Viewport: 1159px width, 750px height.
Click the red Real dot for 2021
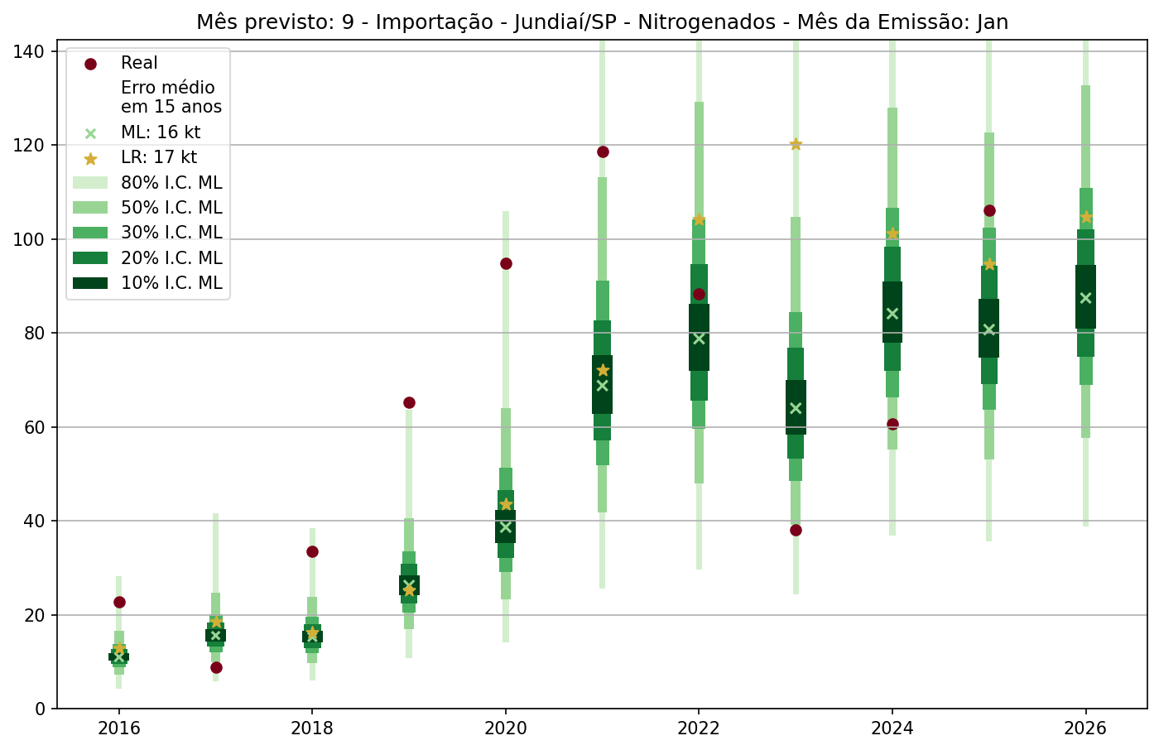603,151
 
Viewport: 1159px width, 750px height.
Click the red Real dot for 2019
409,402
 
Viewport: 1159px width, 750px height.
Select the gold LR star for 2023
796,144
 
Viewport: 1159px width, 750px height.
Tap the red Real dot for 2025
989,210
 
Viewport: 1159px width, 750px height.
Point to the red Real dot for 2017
216,667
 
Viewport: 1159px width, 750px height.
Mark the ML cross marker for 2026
1086,298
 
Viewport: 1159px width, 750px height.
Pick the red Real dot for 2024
892,424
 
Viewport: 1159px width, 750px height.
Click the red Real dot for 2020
506,263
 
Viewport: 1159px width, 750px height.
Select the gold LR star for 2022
699,219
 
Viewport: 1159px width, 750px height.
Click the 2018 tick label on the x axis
312,728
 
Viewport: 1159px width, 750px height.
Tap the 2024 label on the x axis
892,728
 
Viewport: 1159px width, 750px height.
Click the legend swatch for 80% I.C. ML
90,183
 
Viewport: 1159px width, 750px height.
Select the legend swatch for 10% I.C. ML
90,283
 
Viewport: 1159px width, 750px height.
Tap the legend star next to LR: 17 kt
91,158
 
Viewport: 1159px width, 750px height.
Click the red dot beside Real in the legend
91,64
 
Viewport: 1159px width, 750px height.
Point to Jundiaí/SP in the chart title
565,22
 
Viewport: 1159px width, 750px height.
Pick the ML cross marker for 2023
796,408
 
